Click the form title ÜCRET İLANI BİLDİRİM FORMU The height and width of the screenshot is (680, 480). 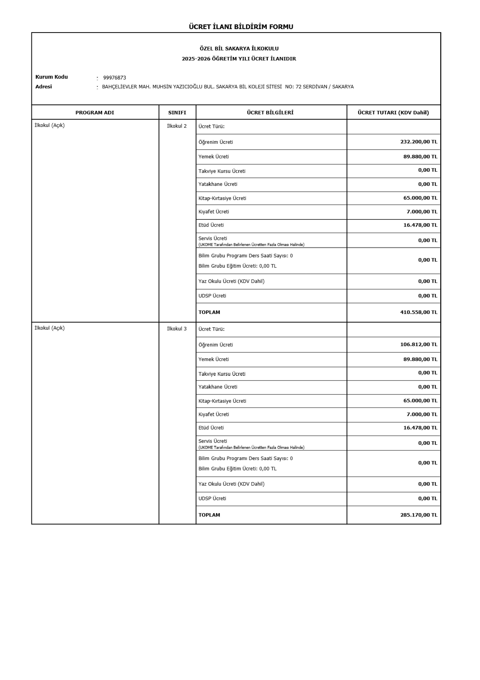pos(241,27)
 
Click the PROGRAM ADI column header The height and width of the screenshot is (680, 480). pos(95,113)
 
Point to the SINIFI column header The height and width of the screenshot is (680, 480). pos(177,113)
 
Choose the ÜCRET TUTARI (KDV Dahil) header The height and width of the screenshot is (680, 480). pos(393,113)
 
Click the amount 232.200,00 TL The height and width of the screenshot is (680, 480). pos(418,142)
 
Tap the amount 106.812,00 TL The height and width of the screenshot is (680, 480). pos(418,344)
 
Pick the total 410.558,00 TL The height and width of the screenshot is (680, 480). pos(418,312)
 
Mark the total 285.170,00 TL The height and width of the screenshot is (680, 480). pos(418,515)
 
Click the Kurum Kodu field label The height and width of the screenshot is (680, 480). pos(52,77)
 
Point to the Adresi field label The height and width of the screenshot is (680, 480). pos(44,86)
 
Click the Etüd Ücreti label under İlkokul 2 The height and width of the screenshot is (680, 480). pos(211,225)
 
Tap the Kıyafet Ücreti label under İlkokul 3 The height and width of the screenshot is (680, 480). pos(214,414)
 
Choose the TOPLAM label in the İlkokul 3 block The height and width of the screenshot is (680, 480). pos(209,515)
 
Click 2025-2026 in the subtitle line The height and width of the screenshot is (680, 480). pos(196,59)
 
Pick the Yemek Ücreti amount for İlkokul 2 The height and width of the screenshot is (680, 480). pos(420,156)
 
